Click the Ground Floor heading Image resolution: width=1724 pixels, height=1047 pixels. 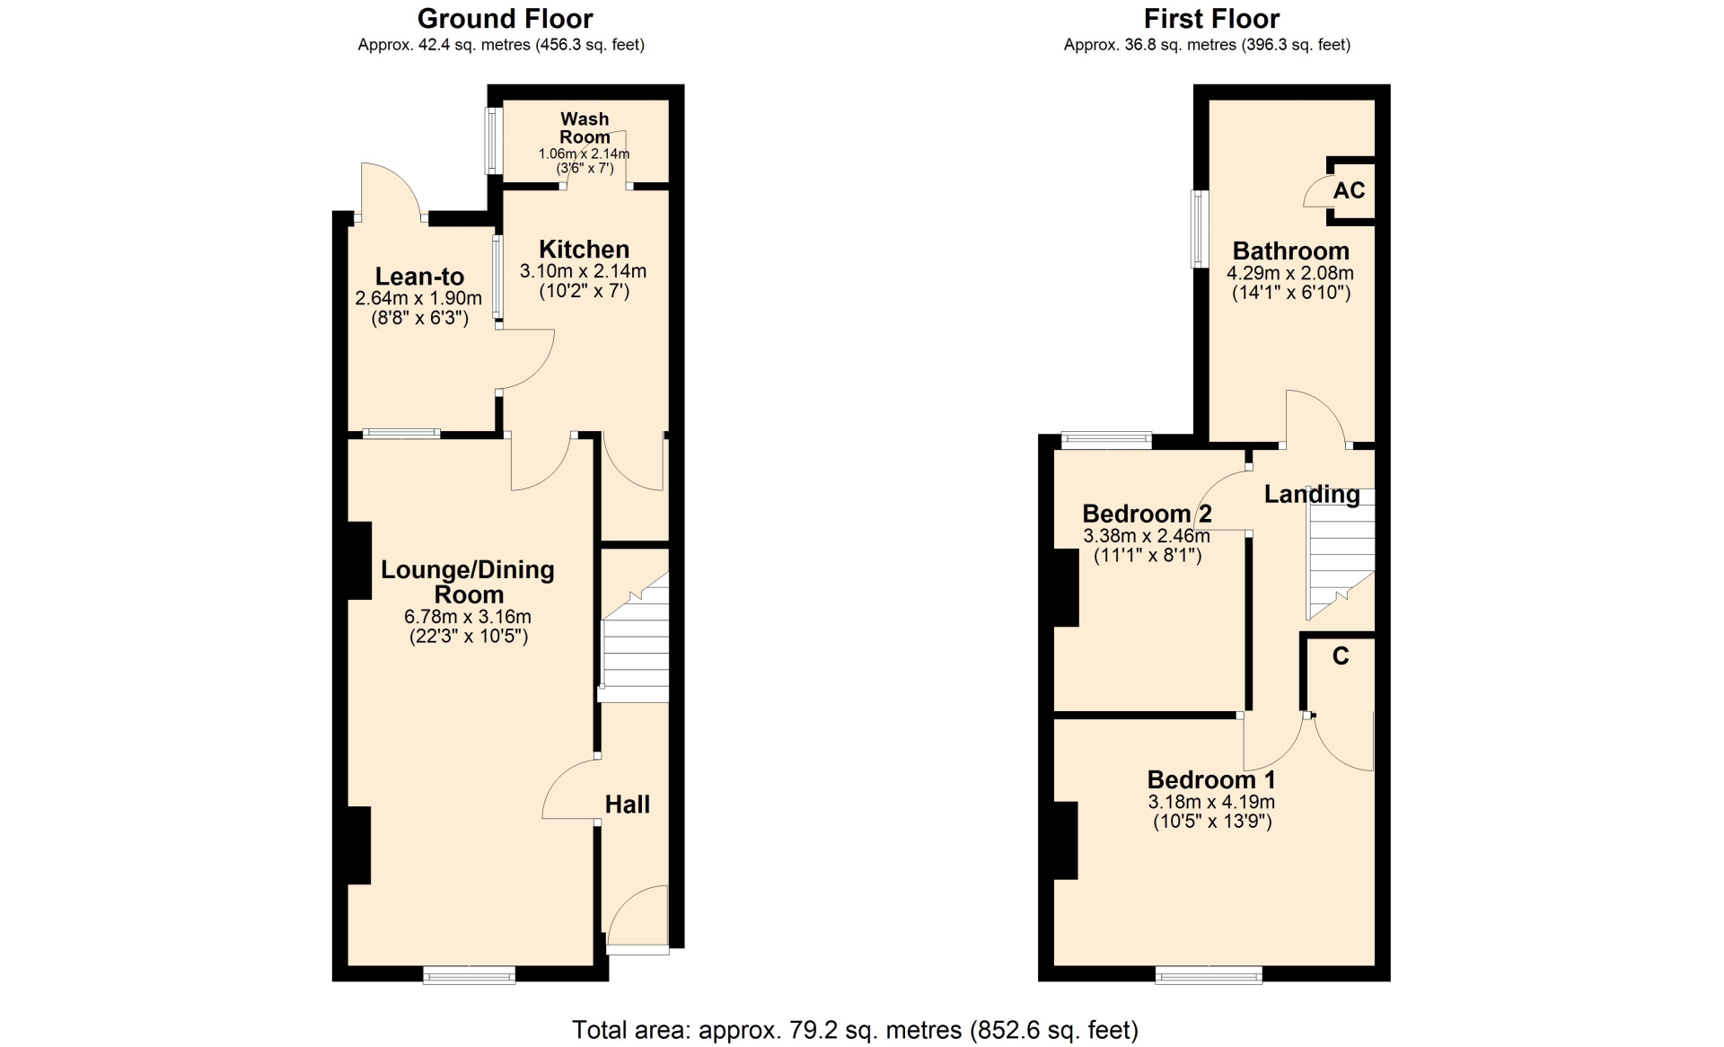point(505,19)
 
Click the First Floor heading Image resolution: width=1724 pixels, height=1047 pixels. point(1211,19)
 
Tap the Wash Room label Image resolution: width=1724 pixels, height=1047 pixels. point(585,128)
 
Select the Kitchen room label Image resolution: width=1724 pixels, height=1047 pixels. point(584,250)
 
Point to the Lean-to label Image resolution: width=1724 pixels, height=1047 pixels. point(419,277)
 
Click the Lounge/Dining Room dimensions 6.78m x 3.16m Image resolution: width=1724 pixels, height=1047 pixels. point(468,617)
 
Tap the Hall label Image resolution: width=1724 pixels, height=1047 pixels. point(628,805)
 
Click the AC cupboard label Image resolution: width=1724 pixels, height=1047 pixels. point(1350,190)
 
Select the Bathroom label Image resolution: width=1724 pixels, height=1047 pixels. point(1290,251)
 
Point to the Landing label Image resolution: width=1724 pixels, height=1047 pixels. point(1312,494)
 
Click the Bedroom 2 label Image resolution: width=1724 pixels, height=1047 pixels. point(1147,514)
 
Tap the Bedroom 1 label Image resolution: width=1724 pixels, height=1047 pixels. point(1211,779)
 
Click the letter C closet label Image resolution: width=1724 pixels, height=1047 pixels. point(1341,656)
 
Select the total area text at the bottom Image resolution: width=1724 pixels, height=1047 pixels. point(855,1030)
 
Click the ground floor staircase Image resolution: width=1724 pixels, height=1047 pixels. point(634,638)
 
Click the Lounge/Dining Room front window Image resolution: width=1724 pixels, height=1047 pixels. point(470,974)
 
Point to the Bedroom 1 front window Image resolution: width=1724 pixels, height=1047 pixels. point(1209,974)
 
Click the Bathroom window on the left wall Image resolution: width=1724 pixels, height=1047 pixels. point(1200,229)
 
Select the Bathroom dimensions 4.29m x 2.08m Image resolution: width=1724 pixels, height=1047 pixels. point(1290,274)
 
